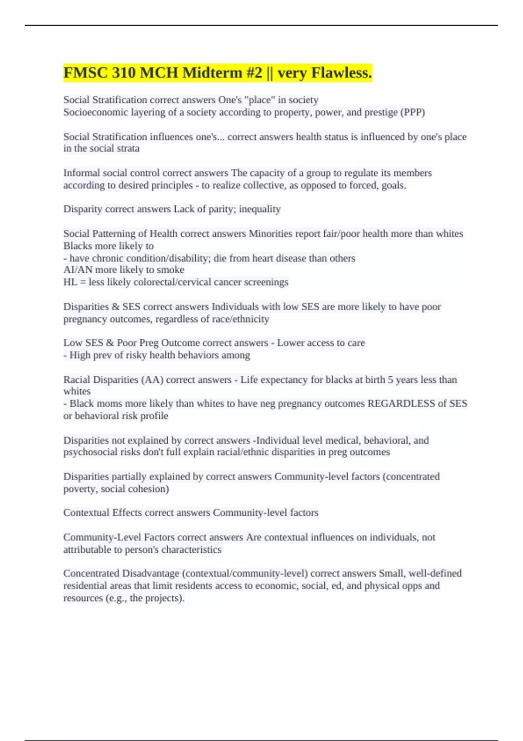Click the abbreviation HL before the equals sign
tap(70, 282)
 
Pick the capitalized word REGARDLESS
tap(401, 404)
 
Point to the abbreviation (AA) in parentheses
tap(152, 380)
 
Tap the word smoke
tap(170, 270)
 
